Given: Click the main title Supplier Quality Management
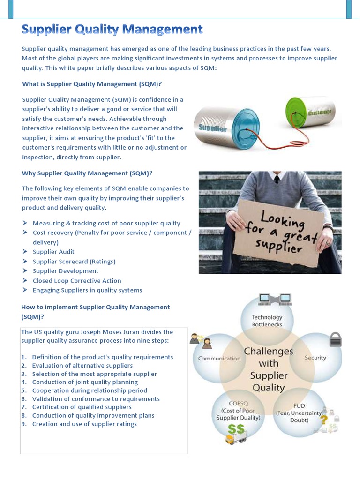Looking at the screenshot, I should point(112,30).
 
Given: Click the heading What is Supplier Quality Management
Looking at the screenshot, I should point(92,84).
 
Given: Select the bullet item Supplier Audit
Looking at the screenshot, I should point(53,252).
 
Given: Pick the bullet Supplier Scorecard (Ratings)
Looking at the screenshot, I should point(74,262).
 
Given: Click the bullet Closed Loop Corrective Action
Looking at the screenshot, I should point(77,281).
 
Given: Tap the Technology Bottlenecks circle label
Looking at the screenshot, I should point(267,321).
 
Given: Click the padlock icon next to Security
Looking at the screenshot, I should point(335,339).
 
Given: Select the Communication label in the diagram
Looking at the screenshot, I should point(219,359).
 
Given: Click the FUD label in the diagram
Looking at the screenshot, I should point(299,406).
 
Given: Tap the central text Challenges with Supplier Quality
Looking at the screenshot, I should point(269,369).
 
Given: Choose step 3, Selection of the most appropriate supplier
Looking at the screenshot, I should point(94,374).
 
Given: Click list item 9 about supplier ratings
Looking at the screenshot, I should point(84,424).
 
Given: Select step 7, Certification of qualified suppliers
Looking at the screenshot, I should point(82,407).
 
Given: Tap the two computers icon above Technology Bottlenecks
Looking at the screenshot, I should point(275,299).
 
